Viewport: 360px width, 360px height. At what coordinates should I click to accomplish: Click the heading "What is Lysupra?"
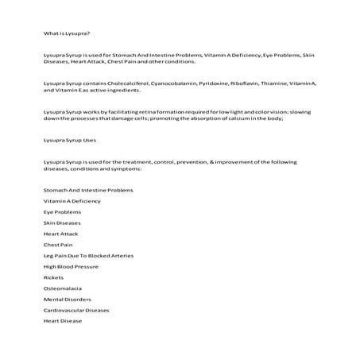(x=68, y=33)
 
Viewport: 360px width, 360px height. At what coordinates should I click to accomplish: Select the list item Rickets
(x=54, y=277)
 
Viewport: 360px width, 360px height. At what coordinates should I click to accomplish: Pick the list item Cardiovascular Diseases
(x=76, y=310)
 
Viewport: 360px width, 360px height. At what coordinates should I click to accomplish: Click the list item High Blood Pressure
(x=72, y=266)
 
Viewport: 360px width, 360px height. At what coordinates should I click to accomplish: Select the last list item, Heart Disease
(x=63, y=320)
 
